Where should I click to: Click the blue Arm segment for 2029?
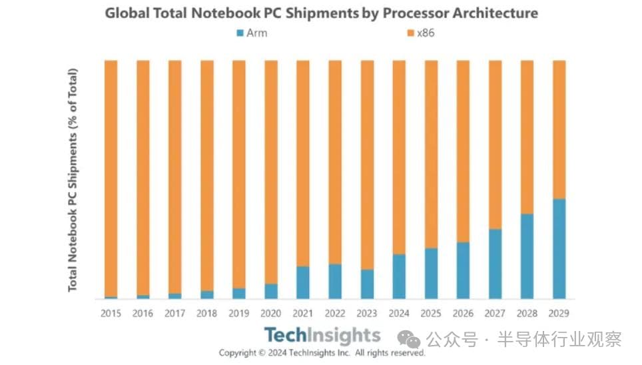[x=559, y=248]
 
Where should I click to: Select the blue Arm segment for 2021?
[x=303, y=282]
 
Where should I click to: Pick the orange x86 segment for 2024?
[x=399, y=157]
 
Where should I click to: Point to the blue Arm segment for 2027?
[x=495, y=264]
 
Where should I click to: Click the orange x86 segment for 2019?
[x=239, y=173]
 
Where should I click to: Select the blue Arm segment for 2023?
[x=367, y=284]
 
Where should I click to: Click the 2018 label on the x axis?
[x=207, y=313]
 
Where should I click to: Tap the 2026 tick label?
[x=463, y=313]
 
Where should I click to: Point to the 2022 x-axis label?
[x=335, y=313]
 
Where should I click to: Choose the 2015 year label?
[x=111, y=313]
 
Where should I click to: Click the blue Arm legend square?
[x=240, y=33]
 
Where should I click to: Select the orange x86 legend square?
[x=410, y=33]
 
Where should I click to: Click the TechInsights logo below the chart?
[x=322, y=335]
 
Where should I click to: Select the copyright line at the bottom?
[x=322, y=352]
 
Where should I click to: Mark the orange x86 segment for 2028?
[x=527, y=137]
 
